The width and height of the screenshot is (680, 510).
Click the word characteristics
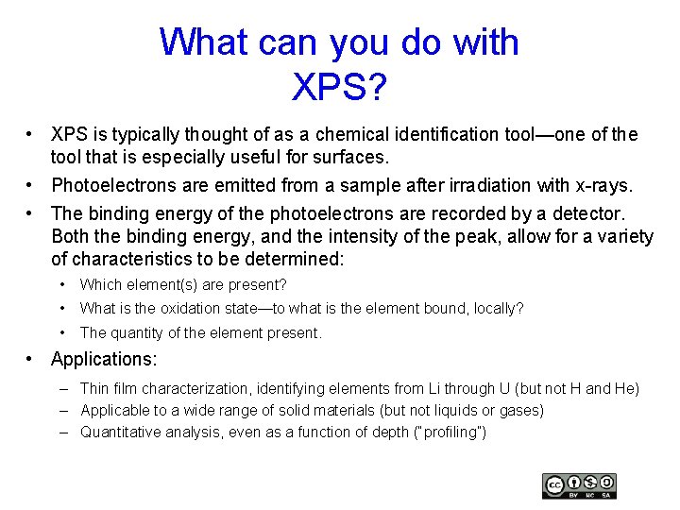click(173, 259)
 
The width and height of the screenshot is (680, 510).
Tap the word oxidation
click(180, 308)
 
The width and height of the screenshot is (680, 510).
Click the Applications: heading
click(104, 359)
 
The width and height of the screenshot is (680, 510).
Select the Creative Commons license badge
click(579, 485)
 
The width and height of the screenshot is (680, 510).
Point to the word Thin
click(94, 388)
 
